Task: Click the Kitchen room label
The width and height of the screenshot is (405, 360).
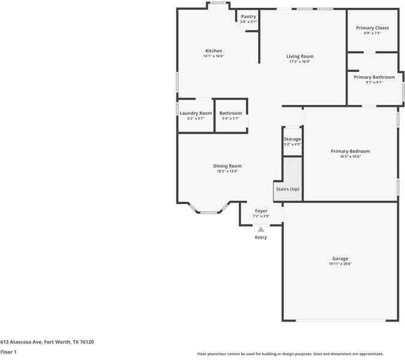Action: point(214,51)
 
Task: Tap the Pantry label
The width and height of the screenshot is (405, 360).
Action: point(248,17)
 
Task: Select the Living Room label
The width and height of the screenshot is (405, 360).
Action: point(299,56)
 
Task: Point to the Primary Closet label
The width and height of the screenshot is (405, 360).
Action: point(372,28)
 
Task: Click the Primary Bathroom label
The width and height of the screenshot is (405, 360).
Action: point(374,77)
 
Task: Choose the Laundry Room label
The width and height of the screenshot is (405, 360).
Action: point(196,113)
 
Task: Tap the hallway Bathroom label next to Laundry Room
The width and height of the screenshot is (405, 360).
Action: point(230,113)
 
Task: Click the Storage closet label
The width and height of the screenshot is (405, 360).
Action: point(292,139)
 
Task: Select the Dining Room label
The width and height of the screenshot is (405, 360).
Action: point(227,166)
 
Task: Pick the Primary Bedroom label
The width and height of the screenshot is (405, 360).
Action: point(350,151)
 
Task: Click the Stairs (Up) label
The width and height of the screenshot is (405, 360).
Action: point(287,190)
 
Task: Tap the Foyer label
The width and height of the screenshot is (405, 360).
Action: point(261,211)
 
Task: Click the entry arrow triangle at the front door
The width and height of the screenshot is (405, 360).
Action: point(260,229)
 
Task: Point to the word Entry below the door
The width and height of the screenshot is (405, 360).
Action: point(261,238)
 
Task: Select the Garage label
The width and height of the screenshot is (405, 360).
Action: point(340,259)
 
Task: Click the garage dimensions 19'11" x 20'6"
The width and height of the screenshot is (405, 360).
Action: point(340,264)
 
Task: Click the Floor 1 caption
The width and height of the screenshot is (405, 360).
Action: point(8,352)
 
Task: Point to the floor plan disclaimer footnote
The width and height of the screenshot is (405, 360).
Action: point(290,354)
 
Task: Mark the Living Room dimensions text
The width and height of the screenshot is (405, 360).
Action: point(299,62)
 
